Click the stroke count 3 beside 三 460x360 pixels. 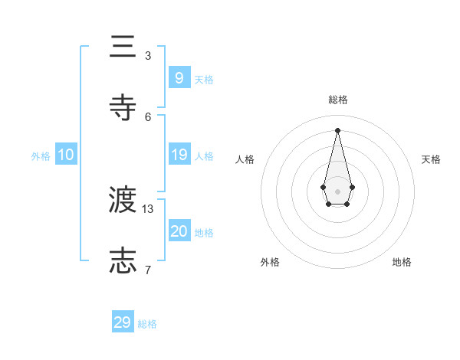[x=148, y=56]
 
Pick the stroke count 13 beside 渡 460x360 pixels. [x=148, y=208]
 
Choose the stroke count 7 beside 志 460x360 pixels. [x=148, y=270]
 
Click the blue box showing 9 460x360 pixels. [x=179, y=77]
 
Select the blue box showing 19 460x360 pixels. [x=179, y=155]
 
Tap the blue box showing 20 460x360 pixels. [x=179, y=231]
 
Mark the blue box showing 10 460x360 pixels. [x=65, y=155]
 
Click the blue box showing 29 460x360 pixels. [x=123, y=322]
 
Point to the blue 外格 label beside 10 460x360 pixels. [x=41, y=156]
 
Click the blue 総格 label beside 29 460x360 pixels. [x=147, y=324]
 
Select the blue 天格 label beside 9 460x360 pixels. [x=203, y=80]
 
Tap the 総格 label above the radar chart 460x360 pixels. [x=337, y=100]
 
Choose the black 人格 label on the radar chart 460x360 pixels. [x=245, y=159]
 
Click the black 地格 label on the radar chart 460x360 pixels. [x=402, y=262]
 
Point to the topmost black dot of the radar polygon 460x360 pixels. [x=337, y=130]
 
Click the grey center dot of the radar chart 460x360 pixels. [x=337, y=191]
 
